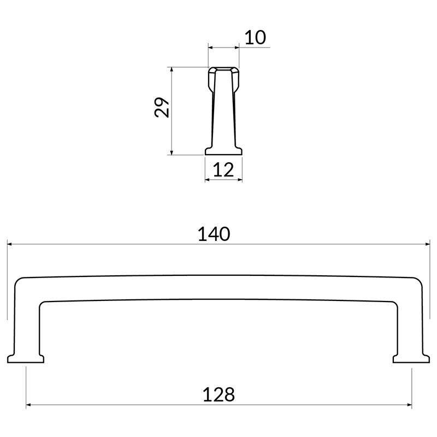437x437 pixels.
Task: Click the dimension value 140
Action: click(x=214, y=234)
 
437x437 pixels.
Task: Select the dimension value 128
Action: click(x=219, y=394)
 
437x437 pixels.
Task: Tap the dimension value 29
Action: click(x=162, y=107)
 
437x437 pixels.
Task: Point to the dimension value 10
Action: click(x=255, y=38)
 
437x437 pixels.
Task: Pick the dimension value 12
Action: click(x=223, y=170)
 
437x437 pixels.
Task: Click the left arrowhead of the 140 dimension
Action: click(x=9, y=244)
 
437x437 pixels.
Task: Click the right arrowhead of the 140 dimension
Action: click(x=428, y=244)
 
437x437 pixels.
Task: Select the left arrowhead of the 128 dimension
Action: click(x=28, y=405)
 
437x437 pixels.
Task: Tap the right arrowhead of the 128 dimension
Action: click(x=409, y=405)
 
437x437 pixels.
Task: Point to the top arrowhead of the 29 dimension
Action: click(x=172, y=69)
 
